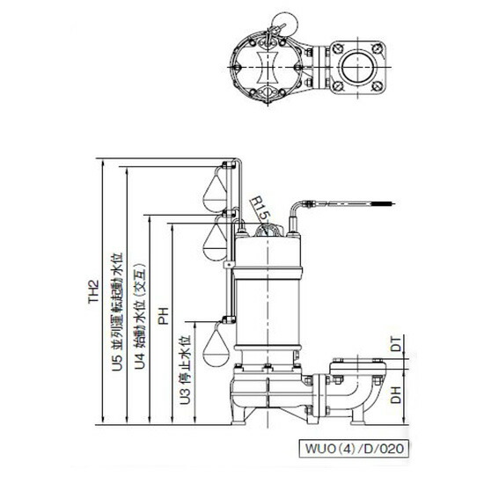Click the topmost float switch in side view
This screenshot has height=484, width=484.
point(214,189)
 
